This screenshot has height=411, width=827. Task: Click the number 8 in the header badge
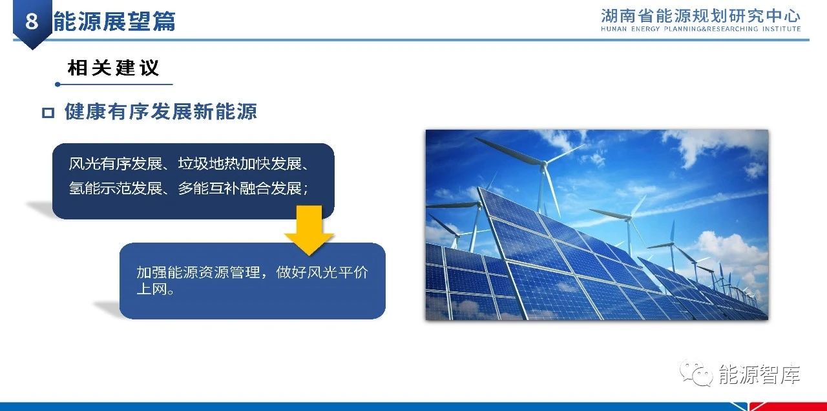tap(32, 21)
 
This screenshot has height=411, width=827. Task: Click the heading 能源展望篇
tap(114, 21)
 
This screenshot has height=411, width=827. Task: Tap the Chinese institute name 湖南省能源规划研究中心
tap(700, 16)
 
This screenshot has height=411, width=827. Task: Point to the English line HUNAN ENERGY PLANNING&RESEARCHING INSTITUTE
tap(700, 29)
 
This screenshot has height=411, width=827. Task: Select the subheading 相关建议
tap(113, 68)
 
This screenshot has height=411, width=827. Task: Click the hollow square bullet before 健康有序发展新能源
tap(48, 113)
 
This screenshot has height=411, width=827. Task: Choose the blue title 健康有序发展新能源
tap(161, 112)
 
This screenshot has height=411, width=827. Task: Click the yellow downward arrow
tap(309, 230)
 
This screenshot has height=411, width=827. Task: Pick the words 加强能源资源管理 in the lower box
tap(198, 272)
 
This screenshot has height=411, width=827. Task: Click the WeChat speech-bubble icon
tap(696, 373)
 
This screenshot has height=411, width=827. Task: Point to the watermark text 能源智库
tap(759, 374)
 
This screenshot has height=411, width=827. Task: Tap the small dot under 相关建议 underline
tap(58, 85)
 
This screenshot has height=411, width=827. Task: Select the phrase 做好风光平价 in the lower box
tap(322, 272)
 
